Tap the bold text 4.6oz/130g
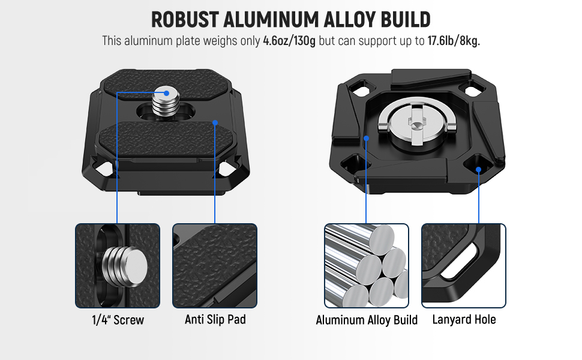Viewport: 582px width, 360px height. pyautogui.click(x=289, y=41)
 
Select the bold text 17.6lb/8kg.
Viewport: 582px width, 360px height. pyautogui.click(x=454, y=41)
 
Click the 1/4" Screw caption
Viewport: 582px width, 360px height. pyautogui.click(x=118, y=320)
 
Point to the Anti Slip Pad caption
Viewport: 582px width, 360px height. pyautogui.click(x=215, y=319)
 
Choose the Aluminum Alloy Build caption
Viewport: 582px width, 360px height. pyautogui.click(x=367, y=320)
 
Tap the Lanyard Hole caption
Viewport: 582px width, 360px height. pyautogui.click(x=464, y=319)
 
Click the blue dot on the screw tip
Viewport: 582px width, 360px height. pyautogui.click(x=166, y=93)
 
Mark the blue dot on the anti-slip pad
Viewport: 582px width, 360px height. pyautogui.click(x=215, y=122)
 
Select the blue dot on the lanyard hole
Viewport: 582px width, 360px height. pyautogui.click(x=478, y=170)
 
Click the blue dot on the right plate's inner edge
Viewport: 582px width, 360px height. pyautogui.click(x=367, y=139)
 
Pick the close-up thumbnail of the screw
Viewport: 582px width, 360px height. pyautogui.click(x=118, y=266)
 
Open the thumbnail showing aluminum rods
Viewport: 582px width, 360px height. pyautogui.click(x=367, y=266)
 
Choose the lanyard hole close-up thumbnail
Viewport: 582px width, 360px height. pyautogui.click(x=464, y=266)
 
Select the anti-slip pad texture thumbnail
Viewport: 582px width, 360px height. pyautogui.click(x=215, y=266)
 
